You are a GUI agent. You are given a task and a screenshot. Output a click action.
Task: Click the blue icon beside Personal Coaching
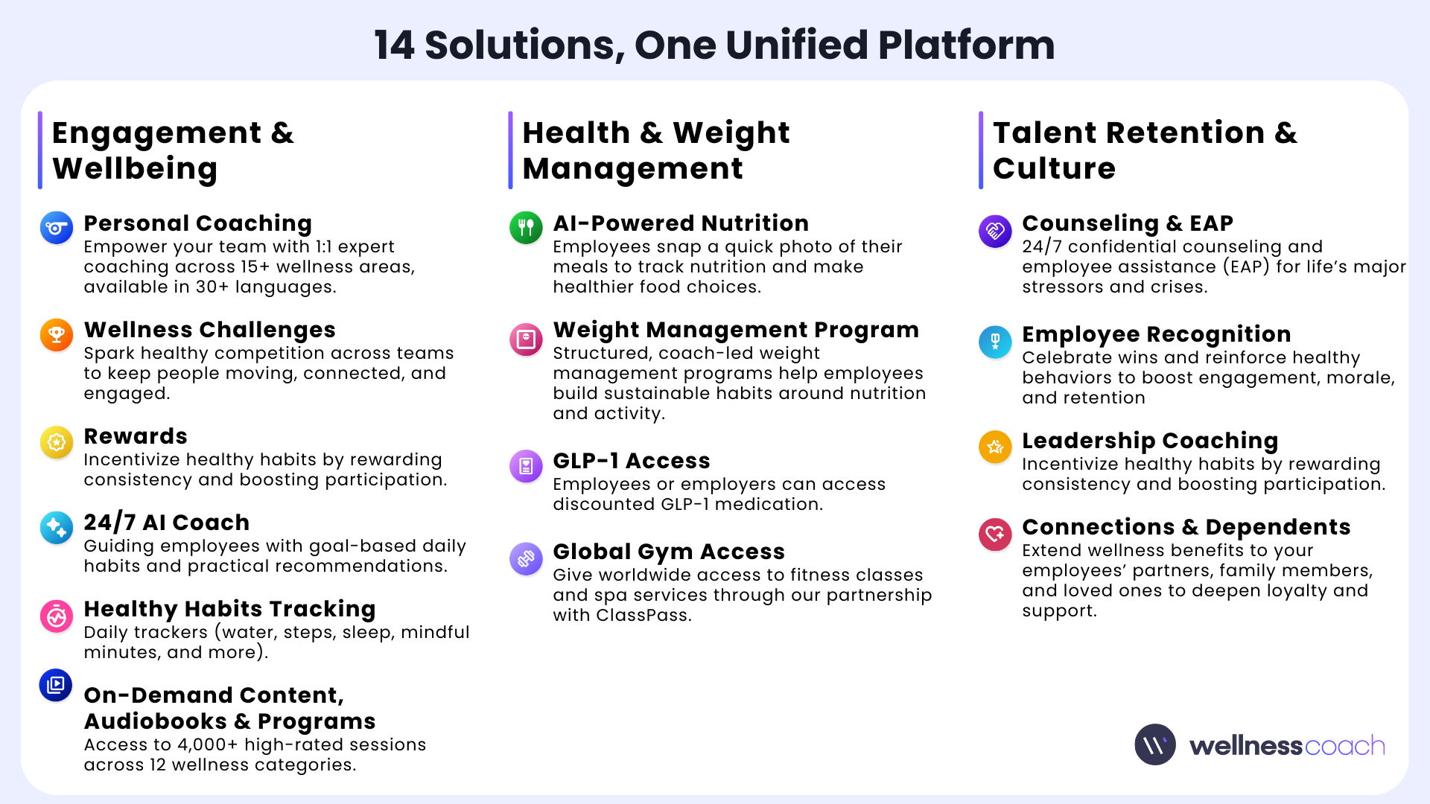[x=57, y=228]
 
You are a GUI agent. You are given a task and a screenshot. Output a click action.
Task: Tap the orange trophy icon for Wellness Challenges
[x=57, y=334]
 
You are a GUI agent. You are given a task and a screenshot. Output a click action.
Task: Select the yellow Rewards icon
[x=57, y=442]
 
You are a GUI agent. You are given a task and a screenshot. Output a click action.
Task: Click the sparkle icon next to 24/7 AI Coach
[x=57, y=528]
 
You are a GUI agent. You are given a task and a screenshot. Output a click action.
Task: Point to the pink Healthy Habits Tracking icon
[x=57, y=616]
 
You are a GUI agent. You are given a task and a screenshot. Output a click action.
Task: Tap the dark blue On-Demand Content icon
[x=56, y=685]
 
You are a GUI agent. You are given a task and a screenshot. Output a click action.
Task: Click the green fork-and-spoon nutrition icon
[x=526, y=227]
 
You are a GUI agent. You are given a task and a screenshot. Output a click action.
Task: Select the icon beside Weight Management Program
[x=526, y=339]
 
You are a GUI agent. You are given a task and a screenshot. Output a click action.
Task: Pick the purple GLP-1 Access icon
[x=526, y=466]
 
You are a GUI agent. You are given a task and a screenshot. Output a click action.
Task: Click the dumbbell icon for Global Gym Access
[x=526, y=558]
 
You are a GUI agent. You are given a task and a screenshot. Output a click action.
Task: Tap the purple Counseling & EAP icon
[x=995, y=231]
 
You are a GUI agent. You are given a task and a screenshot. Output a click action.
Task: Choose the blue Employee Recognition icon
[x=995, y=342]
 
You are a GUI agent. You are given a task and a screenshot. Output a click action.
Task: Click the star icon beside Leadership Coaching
[x=995, y=447]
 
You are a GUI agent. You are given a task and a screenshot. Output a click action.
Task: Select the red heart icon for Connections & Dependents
[x=995, y=534]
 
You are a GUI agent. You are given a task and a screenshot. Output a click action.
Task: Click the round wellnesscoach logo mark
[x=1155, y=744]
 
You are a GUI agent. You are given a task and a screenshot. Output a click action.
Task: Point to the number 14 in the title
[x=394, y=45]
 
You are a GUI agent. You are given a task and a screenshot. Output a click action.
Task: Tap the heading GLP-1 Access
[x=632, y=461]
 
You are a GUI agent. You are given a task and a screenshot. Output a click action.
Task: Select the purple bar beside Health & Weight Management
[x=510, y=150]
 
